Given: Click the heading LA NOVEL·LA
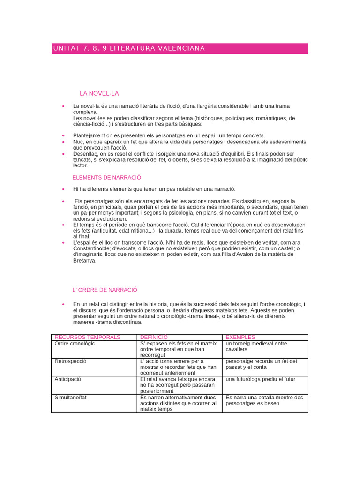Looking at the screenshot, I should click(99, 94).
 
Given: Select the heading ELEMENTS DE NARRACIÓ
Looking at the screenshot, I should click(107, 178).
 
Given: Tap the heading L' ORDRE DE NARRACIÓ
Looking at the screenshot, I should click(105, 290).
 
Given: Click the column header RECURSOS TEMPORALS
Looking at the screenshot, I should click(88, 337).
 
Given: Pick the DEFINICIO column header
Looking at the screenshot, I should click(154, 337).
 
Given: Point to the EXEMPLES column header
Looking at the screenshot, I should click(240, 337).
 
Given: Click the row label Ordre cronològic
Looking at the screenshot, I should click(75, 344).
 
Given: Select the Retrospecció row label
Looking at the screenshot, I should click(71, 361).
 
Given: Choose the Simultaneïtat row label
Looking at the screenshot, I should click(71, 397).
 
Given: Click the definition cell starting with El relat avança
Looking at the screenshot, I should click(178, 385).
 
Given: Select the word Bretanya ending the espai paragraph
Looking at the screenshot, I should click(85, 261).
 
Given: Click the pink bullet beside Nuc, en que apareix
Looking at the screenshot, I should click(63, 142).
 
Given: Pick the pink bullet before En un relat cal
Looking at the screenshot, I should click(63, 304).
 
